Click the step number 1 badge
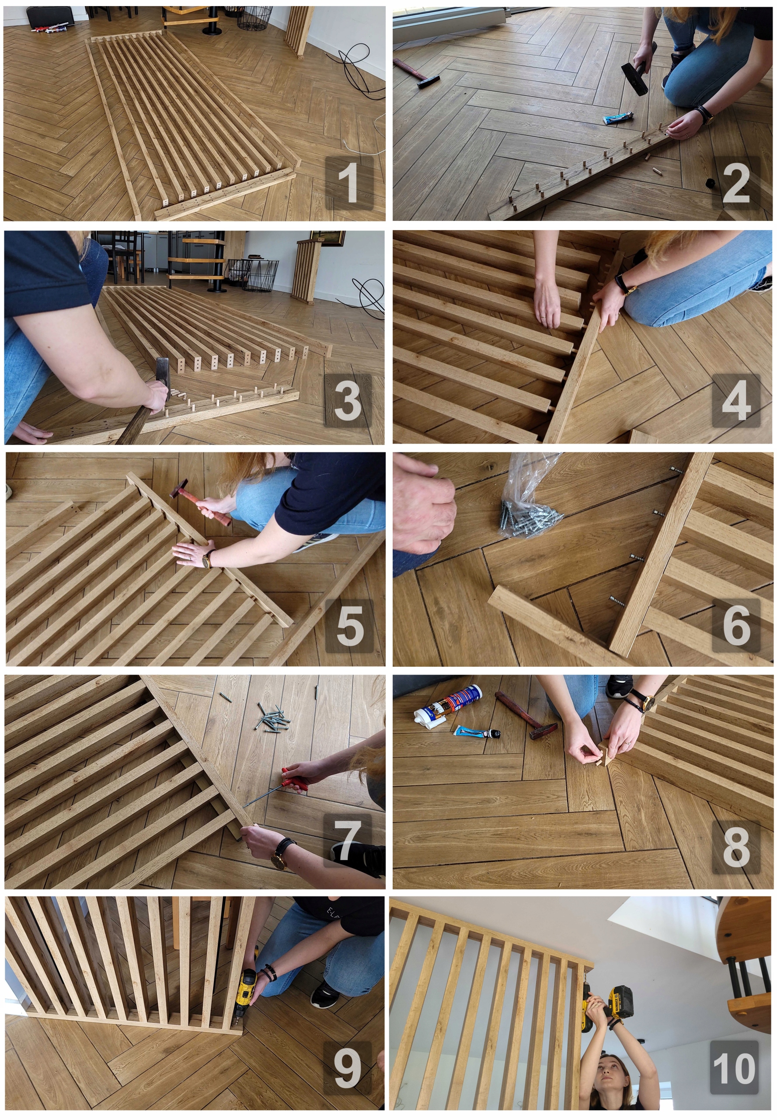coord(348,183)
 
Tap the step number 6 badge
coord(736,626)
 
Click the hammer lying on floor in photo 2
coord(416,73)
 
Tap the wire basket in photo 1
coord(254,17)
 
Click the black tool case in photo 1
coord(50,16)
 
